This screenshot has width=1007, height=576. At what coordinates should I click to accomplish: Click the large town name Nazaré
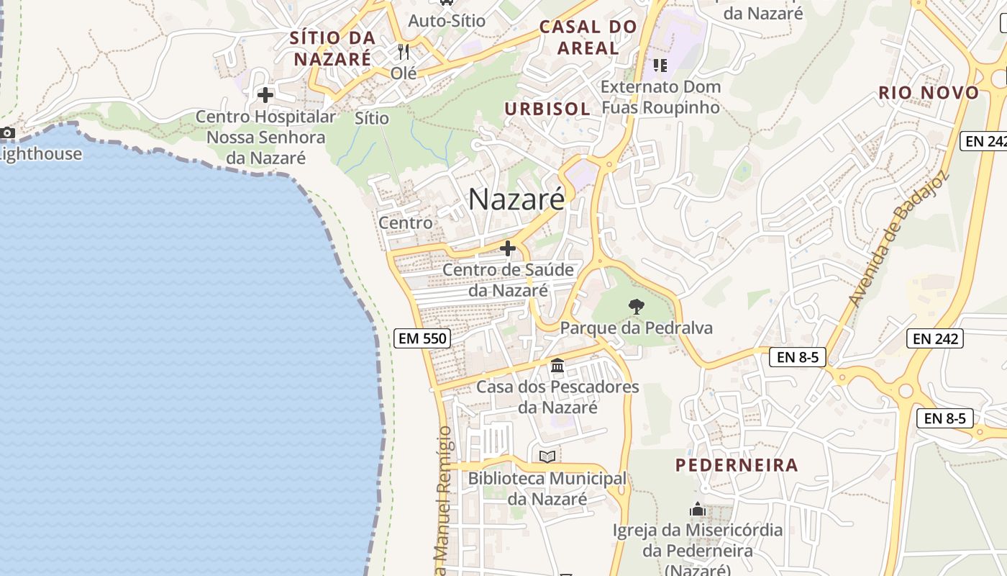pyautogui.click(x=516, y=199)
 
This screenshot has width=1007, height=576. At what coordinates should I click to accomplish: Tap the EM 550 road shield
pyautogui.click(x=422, y=338)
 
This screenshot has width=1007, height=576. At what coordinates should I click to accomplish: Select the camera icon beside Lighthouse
pyautogui.click(x=7, y=132)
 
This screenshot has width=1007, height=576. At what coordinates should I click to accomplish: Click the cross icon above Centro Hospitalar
pyautogui.click(x=265, y=94)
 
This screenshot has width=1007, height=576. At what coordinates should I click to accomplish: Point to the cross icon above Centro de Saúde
pyautogui.click(x=508, y=249)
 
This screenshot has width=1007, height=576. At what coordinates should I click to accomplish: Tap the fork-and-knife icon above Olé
pyautogui.click(x=404, y=52)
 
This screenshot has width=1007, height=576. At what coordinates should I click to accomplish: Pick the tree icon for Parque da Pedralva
pyautogui.click(x=636, y=307)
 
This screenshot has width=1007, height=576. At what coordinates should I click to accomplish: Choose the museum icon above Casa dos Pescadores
pyautogui.click(x=557, y=366)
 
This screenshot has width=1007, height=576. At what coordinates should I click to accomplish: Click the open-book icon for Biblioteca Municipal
pyautogui.click(x=547, y=456)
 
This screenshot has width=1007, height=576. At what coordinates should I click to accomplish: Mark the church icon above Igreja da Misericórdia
pyautogui.click(x=697, y=510)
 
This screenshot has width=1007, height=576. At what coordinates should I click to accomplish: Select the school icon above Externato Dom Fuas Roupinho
pyautogui.click(x=660, y=66)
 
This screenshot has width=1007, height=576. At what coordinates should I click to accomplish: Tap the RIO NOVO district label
pyautogui.click(x=929, y=93)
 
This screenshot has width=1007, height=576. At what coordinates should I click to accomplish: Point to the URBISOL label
pyautogui.click(x=547, y=109)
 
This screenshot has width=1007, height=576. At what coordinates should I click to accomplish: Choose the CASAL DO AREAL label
pyautogui.click(x=588, y=37)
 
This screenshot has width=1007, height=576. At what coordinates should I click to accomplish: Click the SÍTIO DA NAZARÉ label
pyautogui.click(x=332, y=48)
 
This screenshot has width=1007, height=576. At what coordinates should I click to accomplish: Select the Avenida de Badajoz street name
pyautogui.click(x=898, y=238)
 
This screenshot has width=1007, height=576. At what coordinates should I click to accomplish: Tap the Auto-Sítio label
pyautogui.click(x=447, y=21)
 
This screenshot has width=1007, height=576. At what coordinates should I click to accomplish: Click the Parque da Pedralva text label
pyautogui.click(x=636, y=328)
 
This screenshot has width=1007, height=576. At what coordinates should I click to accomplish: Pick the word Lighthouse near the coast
pyautogui.click(x=40, y=153)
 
